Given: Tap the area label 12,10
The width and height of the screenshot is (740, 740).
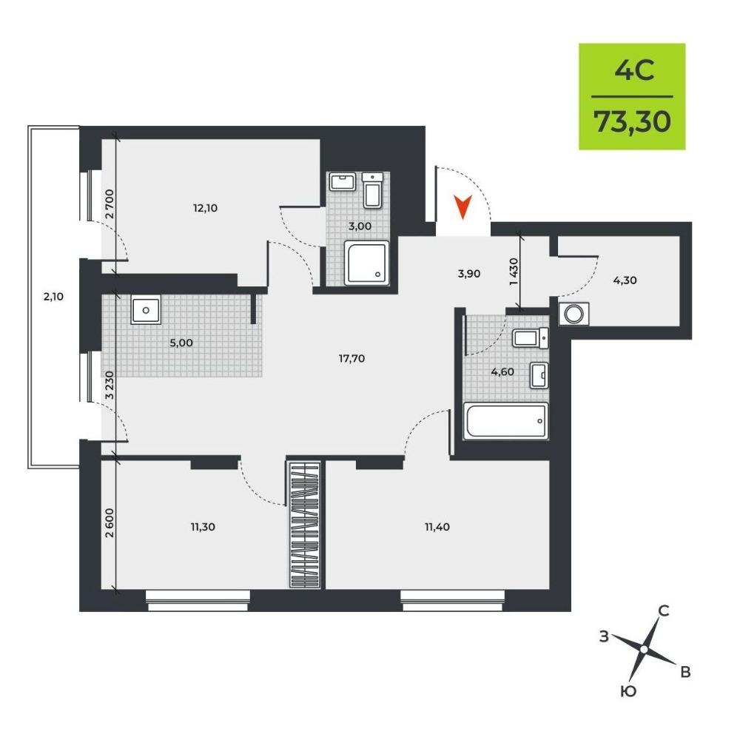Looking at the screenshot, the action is (205, 208).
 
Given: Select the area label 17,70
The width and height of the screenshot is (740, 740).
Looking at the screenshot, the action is (351, 359).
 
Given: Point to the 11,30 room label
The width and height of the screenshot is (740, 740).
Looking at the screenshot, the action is (203, 527).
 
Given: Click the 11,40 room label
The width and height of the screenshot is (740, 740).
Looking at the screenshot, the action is (437, 527).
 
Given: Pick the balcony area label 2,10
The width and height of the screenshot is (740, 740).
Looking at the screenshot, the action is (53, 297).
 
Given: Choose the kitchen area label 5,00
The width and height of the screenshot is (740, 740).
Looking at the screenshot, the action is (181, 343).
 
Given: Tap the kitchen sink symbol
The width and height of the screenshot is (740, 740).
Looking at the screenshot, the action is (146, 309).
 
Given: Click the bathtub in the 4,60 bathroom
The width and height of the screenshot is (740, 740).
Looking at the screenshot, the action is (506, 420).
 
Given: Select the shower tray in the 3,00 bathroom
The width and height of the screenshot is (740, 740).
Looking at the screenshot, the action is (367, 263).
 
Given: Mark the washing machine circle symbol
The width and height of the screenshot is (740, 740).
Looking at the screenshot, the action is (574, 314).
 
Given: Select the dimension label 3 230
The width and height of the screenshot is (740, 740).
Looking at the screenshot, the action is (110, 386).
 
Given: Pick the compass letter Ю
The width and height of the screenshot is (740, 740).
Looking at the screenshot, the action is (628, 692).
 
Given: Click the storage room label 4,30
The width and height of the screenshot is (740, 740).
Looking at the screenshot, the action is (625, 280).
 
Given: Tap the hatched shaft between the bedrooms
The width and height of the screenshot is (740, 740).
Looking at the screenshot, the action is (304, 525).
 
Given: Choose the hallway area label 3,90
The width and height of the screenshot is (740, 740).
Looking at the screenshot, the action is (468, 274).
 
